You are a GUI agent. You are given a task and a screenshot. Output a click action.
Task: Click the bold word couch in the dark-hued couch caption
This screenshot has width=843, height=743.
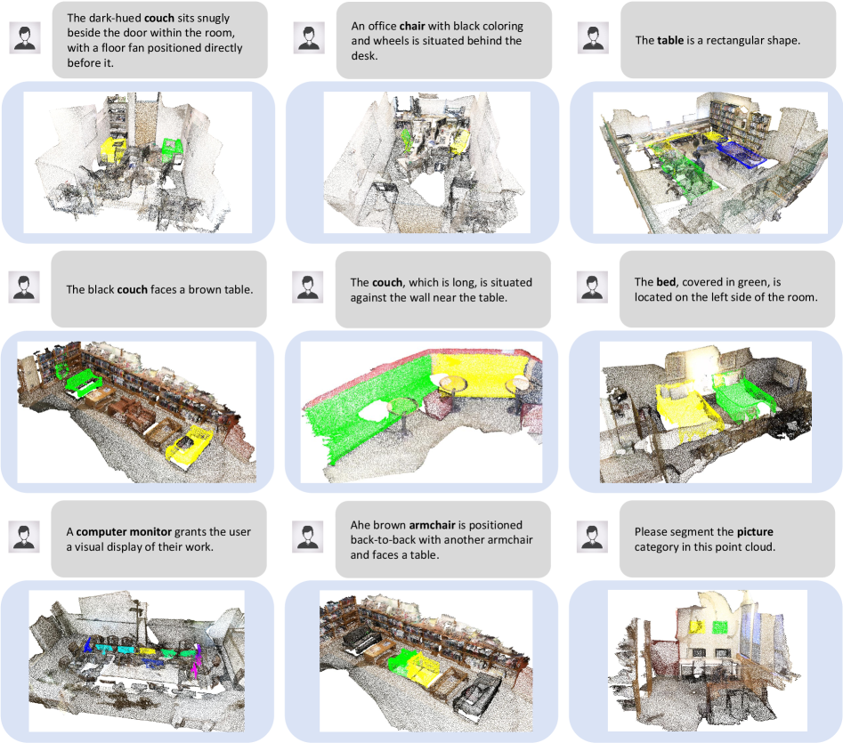coord(159,18)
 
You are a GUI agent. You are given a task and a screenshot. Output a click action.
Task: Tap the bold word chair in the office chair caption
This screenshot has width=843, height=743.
coord(412,26)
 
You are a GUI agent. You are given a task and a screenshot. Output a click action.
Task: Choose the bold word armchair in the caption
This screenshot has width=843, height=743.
coord(433,525)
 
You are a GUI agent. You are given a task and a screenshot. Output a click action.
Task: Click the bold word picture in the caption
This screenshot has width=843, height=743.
coord(755,532)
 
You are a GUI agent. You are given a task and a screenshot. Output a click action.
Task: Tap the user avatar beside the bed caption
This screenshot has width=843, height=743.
coord(593,287)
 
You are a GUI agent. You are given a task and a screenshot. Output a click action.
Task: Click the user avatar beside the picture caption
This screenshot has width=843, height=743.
coord(593,537)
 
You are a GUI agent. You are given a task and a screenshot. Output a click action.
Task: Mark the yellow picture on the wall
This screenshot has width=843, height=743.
coord(697,627)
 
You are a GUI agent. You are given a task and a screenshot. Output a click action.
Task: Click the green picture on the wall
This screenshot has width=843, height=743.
coord(720,627)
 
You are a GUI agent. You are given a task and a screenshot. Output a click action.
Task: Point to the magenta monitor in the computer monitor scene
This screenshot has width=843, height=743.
coord(197,661)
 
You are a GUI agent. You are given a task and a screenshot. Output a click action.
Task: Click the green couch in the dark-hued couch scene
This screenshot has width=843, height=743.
coord(173,147)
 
